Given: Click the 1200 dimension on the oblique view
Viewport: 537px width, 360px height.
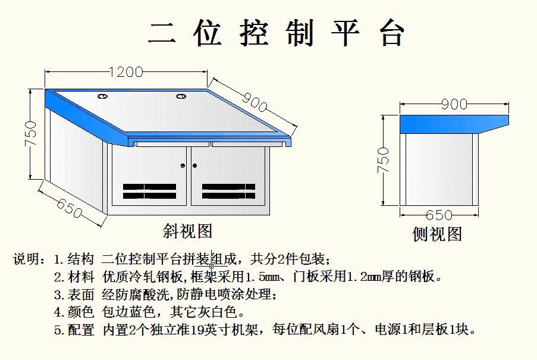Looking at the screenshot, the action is (126, 72).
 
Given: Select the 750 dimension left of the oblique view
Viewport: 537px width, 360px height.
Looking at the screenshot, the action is (30, 134).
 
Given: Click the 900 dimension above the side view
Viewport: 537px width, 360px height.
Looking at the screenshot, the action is (454, 105).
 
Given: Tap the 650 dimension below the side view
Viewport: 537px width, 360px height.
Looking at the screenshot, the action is (439, 215).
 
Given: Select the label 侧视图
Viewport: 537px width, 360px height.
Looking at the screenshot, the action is (437, 234).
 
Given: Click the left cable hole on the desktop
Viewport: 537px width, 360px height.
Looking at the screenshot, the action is (102, 95).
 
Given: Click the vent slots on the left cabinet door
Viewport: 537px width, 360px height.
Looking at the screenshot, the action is (149, 191).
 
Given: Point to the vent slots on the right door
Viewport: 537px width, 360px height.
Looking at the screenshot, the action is (228, 191).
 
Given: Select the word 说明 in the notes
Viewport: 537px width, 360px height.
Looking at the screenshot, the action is (26, 259).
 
